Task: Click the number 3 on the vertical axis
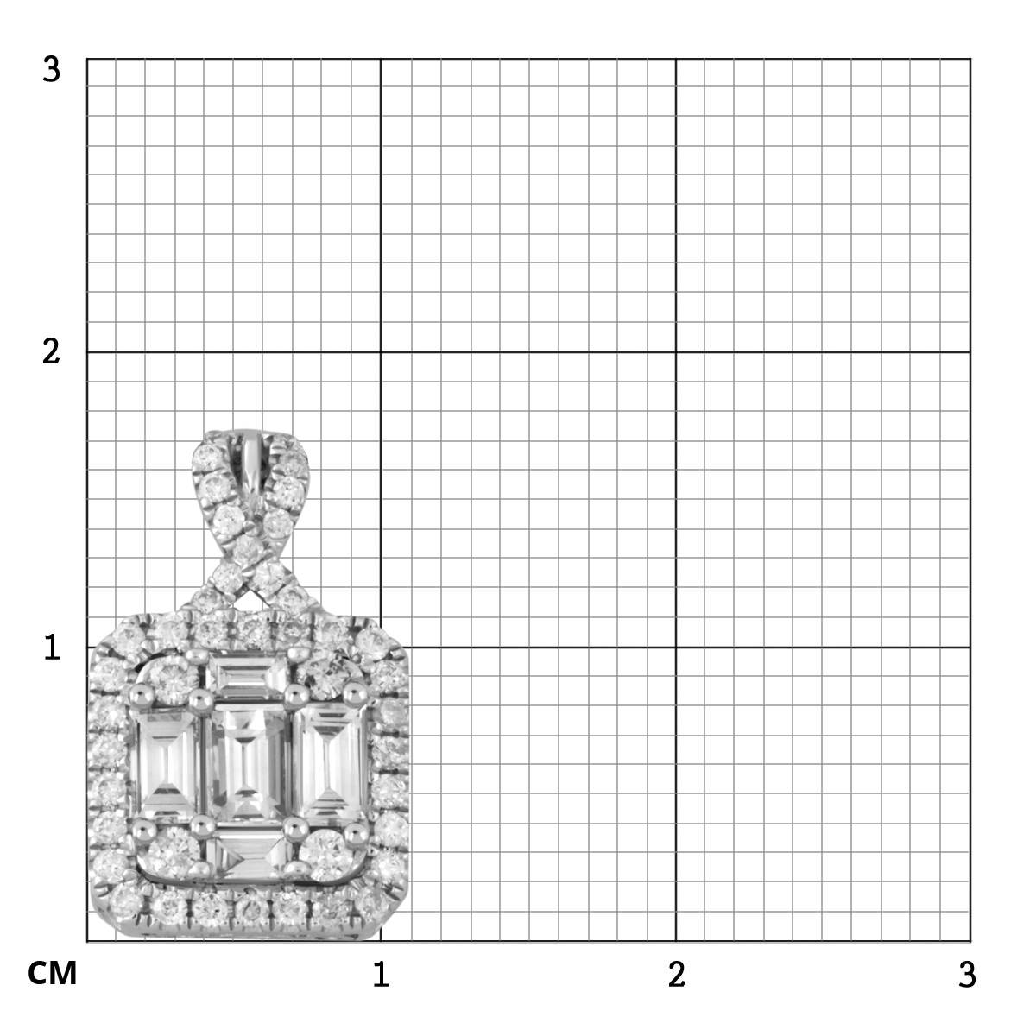coord(51,70)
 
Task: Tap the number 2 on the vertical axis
coord(51,353)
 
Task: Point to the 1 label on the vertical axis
coord(52,647)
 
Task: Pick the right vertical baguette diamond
coord(330,763)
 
